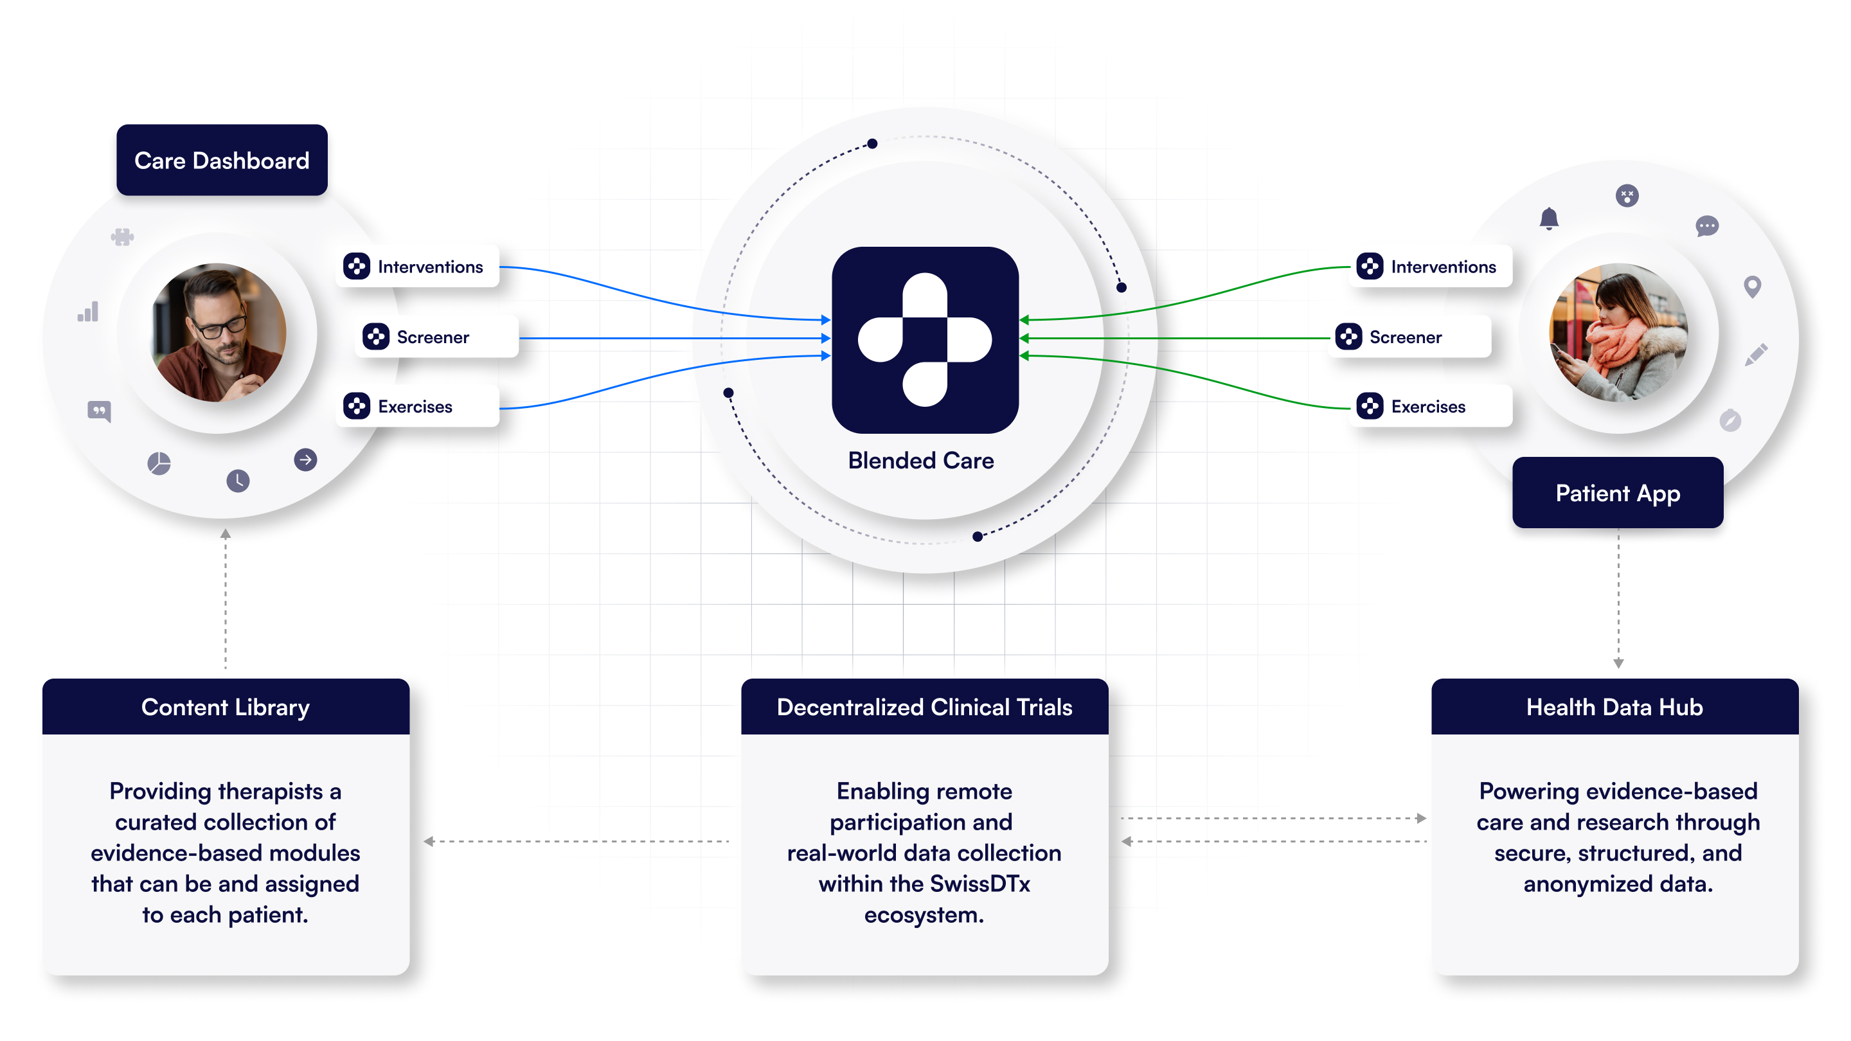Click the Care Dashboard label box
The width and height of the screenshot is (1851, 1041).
pos(221,160)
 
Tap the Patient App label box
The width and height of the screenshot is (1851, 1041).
pos(1617,494)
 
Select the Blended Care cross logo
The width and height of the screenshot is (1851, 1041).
pos(925,339)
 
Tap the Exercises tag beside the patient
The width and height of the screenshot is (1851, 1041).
pos(1431,407)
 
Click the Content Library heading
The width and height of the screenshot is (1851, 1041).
pos(225,707)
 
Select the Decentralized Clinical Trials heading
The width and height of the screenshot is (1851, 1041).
pos(924,707)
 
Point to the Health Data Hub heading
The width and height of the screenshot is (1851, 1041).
pos(1614,707)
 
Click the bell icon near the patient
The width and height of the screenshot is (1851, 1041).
pos(1548,218)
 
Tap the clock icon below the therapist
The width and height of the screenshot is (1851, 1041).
pos(238,481)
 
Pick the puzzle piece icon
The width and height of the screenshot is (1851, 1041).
pos(122,236)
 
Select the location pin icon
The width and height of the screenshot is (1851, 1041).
pos(1752,287)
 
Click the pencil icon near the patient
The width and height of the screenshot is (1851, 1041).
pos(1755,354)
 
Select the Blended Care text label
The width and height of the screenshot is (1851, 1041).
pos(920,461)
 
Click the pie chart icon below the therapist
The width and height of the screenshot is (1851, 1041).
pos(159,463)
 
